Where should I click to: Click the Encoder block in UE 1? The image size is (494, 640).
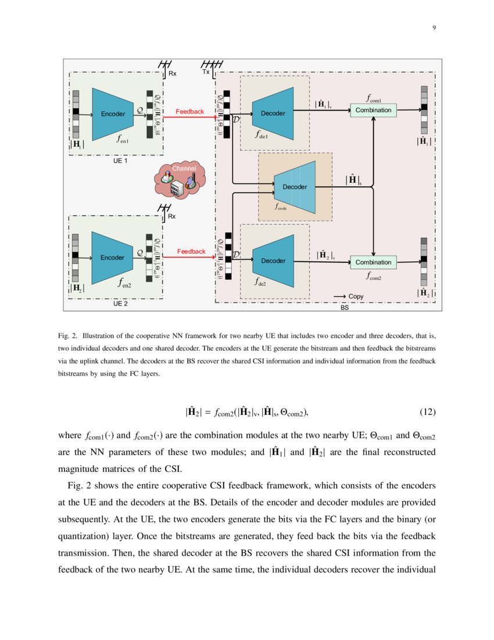[x=113, y=113]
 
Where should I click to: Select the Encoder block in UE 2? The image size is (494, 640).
[x=113, y=257]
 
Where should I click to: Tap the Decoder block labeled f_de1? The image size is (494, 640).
[x=273, y=113]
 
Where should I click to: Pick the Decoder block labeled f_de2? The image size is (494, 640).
[x=273, y=261]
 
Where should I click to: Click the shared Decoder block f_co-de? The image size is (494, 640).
[x=295, y=187]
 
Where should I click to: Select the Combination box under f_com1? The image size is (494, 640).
[x=373, y=110]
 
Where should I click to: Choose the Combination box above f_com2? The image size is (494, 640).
[x=373, y=262]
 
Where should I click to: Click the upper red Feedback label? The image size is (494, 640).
[x=189, y=111]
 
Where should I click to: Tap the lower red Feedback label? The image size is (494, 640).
[x=191, y=251]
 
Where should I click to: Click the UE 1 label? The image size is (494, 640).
[x=121, y=161]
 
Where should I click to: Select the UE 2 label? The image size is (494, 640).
[x=120, y=304]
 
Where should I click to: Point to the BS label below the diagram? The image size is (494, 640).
[x=345, y=308]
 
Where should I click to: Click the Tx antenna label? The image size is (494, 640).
[x=206, y=72]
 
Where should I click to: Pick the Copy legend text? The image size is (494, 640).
[x=356, y=296]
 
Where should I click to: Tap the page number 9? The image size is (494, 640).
[x=434, y=27]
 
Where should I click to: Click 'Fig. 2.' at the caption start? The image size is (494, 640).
[x=68, y=336]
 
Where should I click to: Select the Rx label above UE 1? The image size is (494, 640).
[x=173, y=73]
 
